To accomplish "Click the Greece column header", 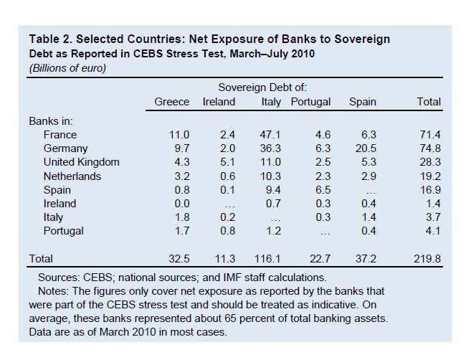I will [172, 102].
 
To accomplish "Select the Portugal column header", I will [310, 102].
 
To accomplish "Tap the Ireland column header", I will [219, 102].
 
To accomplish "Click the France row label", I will [60, 135].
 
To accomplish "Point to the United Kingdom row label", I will [81, 162].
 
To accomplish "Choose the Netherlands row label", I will [72, 176].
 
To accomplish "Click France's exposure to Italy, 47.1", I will [270, 135].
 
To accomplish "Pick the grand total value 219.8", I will [428, 258].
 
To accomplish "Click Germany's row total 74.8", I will [430, 148].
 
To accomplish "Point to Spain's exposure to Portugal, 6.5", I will [323, 190].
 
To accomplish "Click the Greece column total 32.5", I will [179, 258].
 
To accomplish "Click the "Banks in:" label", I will [51, 121].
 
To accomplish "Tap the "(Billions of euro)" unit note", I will [67, 68].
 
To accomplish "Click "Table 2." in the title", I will [51, 39].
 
